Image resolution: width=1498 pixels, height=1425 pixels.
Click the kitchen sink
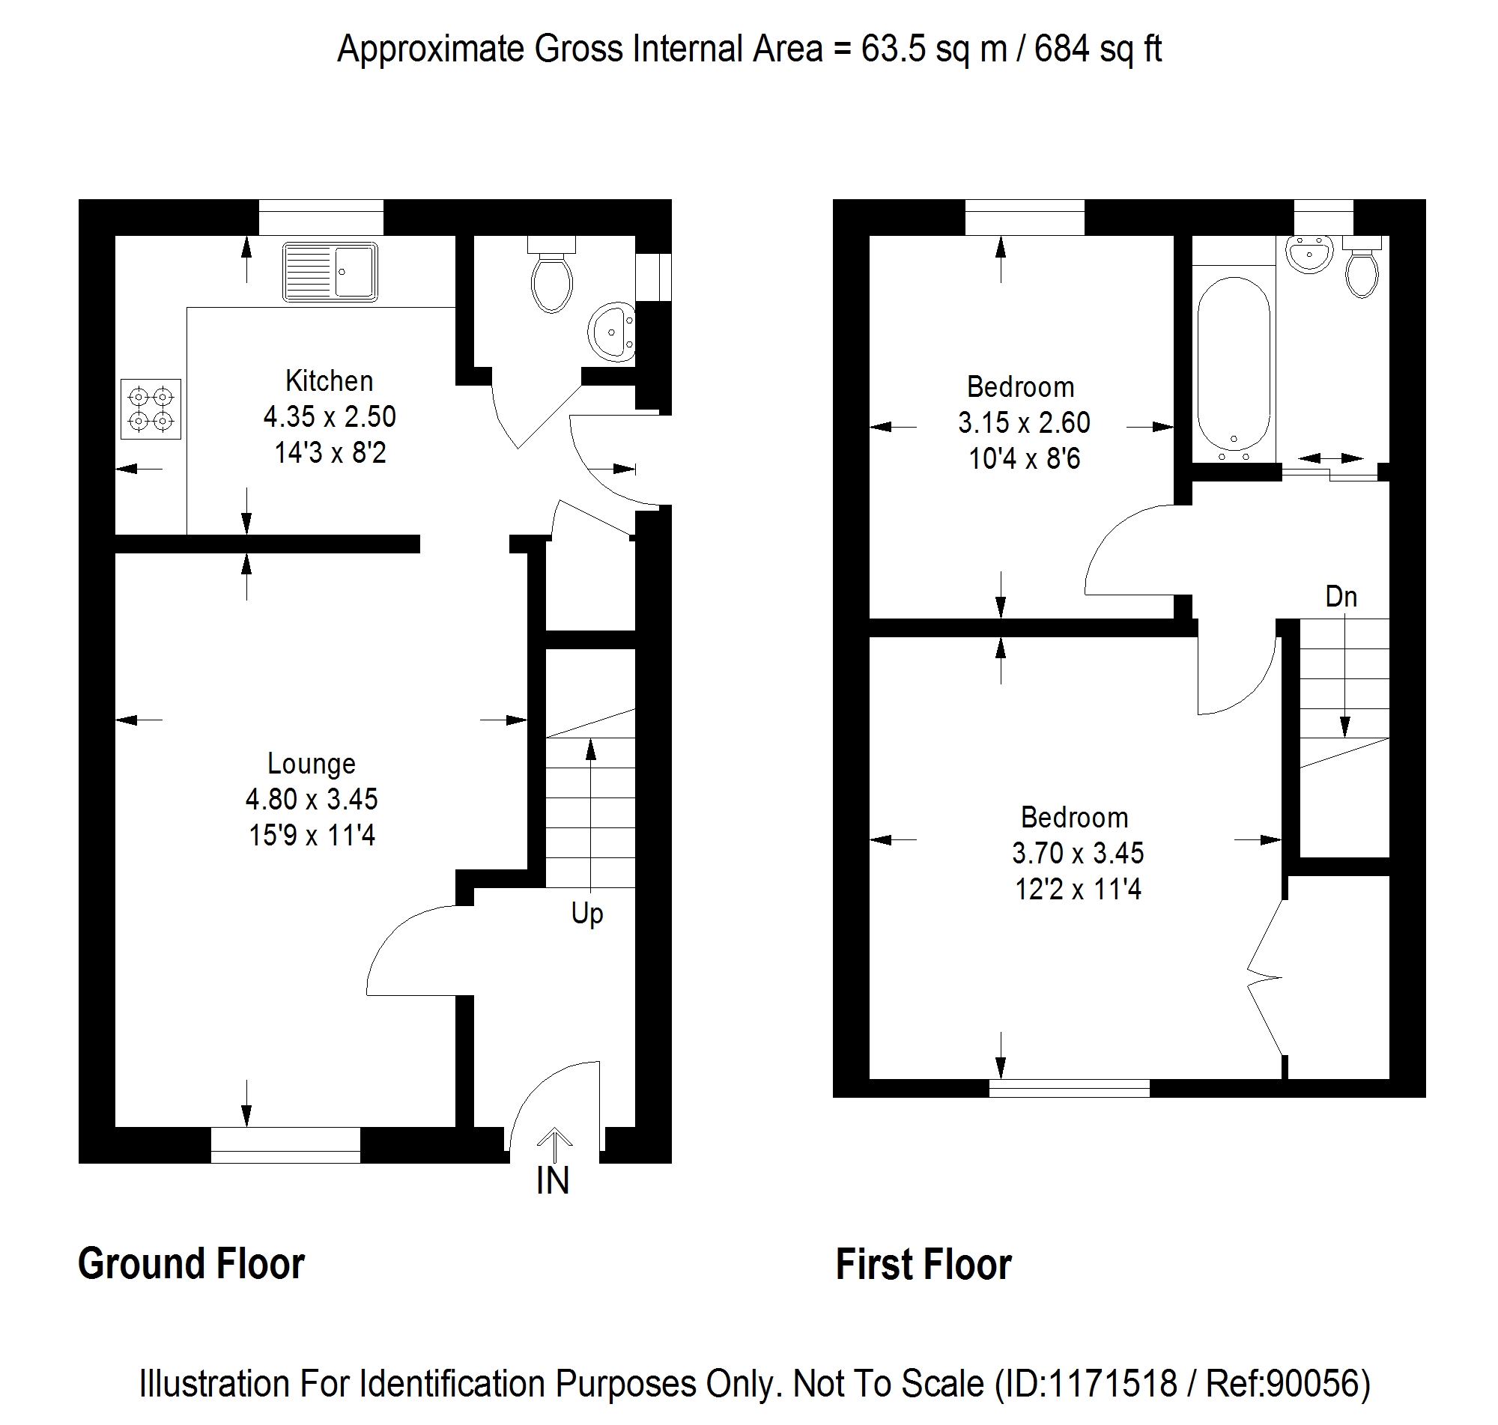(x=330, y=272)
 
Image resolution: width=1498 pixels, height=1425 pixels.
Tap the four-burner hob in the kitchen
(x=151, y=409)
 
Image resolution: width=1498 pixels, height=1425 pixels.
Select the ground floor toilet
(x=551, y=274)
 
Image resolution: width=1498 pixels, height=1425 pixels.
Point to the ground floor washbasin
(x=611, y=332)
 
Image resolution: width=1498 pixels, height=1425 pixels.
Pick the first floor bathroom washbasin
(x=1309, y=254)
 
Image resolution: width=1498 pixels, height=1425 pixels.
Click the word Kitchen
(x=329, y=380)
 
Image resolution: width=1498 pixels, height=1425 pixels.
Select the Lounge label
(x=312, y=763)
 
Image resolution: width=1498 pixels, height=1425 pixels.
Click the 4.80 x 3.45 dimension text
(x=312, y=799)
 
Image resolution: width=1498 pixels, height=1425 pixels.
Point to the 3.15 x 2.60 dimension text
(x=1024, y=422)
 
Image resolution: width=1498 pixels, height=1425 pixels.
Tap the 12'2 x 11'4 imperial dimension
(x=1078, y=889)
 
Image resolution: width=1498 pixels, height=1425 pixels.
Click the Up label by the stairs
(x=587, y=914)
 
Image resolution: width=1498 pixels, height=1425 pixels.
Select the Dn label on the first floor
(x=1341, y=597)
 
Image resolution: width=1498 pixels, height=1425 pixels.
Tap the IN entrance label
(x=552, y=1180)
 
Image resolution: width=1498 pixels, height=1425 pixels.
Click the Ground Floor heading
(x=192, y=1264)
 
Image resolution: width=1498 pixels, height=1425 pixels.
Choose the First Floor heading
(x=924, y=1265)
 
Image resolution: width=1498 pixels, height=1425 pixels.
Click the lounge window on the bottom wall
(x=285, y=1146)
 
